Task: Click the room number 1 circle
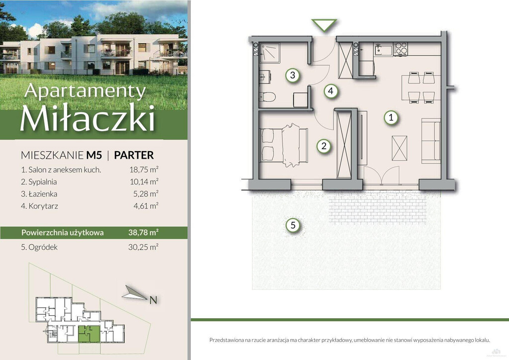[391, 117]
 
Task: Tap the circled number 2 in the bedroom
[324, 146]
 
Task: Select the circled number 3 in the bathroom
[292, 75]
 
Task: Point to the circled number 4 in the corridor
[331, 90]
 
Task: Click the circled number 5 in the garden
[293, 225]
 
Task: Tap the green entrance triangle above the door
[324, 25]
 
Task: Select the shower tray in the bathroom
[269, 52]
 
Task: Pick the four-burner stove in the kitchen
[400, 49]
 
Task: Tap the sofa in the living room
[431, 141]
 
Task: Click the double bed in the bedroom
[284, 145]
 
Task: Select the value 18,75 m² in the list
[144, 169]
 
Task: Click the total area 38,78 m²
[143, 232]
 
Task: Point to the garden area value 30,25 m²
[143, 247]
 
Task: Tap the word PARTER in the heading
[134, 155]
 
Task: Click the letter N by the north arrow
[153, 300]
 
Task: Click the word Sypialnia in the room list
[43, 182]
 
